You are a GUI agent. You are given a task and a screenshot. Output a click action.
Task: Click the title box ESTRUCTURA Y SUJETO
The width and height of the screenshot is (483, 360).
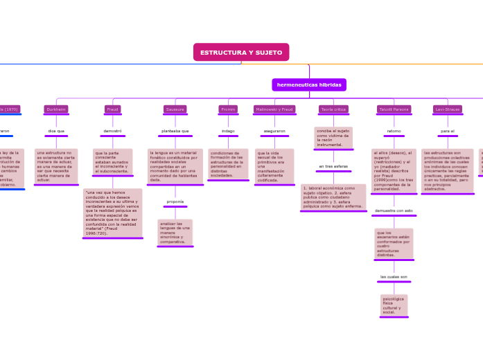click(x=241, y=53)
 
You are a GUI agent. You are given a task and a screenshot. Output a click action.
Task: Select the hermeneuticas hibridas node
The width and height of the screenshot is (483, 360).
click(x=309, y=84)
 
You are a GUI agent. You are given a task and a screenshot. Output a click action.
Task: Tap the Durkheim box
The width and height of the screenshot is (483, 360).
click(x=56, y=109)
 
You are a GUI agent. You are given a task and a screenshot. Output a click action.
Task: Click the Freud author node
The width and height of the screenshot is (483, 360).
click(x=112, y=109)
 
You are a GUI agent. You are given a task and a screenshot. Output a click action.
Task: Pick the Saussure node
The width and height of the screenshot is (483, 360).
click(x=175, y=109)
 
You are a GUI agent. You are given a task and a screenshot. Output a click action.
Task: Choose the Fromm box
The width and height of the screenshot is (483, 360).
click(x=228, y=109)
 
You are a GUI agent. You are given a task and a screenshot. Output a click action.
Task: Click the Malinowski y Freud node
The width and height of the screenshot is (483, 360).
click(x=274, y=109)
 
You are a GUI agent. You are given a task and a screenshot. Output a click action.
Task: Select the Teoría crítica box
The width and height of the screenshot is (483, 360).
click(x=333, y=109)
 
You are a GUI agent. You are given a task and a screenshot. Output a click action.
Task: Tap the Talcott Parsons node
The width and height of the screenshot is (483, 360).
click(x=394, y=109)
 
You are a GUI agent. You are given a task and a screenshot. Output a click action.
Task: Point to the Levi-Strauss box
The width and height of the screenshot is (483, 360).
click(x=448, y=109)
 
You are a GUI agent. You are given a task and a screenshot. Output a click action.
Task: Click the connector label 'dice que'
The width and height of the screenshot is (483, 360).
click(x=56, y=130)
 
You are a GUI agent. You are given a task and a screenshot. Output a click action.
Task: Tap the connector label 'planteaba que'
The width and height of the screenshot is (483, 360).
click(x=175, y=130)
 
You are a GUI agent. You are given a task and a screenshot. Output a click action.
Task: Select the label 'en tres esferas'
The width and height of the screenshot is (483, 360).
click(x=333, y=166)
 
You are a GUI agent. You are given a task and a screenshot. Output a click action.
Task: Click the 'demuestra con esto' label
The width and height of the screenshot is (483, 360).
click(x=394, y=210)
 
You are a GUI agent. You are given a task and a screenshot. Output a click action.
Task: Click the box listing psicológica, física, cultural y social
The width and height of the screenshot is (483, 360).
click(x=394, y=305)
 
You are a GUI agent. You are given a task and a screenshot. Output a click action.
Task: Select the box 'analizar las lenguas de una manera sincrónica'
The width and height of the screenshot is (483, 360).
click(x=175, y=232)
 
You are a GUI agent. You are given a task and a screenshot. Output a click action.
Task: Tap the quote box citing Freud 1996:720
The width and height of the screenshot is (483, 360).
click(x=112, y=213)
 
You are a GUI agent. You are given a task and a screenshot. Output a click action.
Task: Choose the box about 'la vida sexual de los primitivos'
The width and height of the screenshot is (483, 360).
click(x=274, y=165)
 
